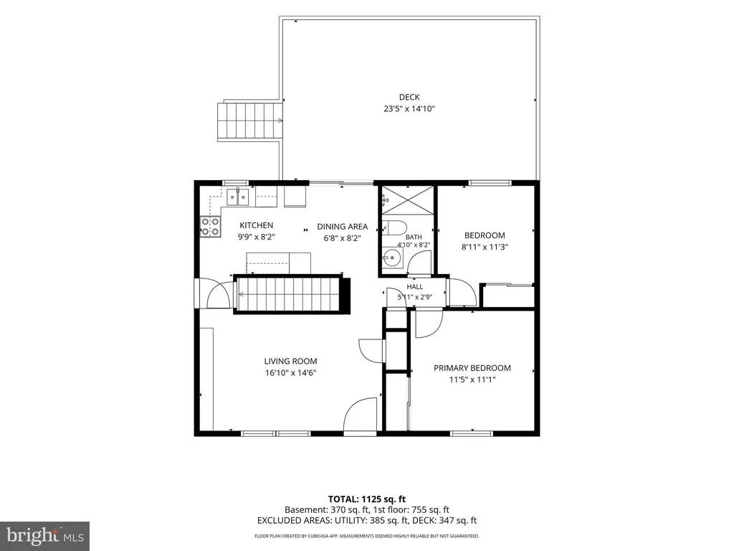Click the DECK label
pos(409,97)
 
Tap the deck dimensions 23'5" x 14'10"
pos(409,109)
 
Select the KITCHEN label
pos(256,225)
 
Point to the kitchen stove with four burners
pos(210,226)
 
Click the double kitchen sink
pos(238,197)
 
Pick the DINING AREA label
pos(342,226)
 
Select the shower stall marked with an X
pos(408,200)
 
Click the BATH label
pos(414,237)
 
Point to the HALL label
pos(415,287)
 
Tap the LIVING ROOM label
pos(290,362)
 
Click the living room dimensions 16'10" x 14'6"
pos(290,373)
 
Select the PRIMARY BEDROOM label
pos(472,368)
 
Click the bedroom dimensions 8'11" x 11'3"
pos(485,247)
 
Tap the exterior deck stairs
pos(250,121)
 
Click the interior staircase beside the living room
pos(291,294)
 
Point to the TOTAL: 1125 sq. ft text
pos(363,499)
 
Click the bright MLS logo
pos(45,535)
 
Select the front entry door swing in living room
pos(361,416)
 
